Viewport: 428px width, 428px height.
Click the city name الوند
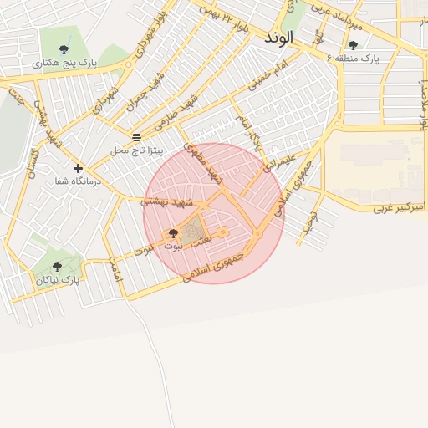[281, 38]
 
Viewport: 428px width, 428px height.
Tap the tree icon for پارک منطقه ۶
[353, 45]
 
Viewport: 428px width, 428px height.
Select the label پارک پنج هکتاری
[65, 63]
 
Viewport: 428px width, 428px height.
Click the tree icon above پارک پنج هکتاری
[64, 48]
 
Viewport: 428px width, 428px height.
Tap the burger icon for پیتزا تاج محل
[136, 136]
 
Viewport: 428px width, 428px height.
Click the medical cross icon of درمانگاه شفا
[78, 168]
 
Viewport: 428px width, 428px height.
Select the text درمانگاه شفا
[77, 181]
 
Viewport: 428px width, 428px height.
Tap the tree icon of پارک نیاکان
[57, 267]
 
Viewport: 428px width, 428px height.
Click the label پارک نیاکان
[58, 280]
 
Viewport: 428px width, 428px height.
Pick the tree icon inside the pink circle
[173, 233]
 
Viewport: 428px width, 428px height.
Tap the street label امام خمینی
[267, 75]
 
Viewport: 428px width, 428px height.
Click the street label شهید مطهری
[216, 167]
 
